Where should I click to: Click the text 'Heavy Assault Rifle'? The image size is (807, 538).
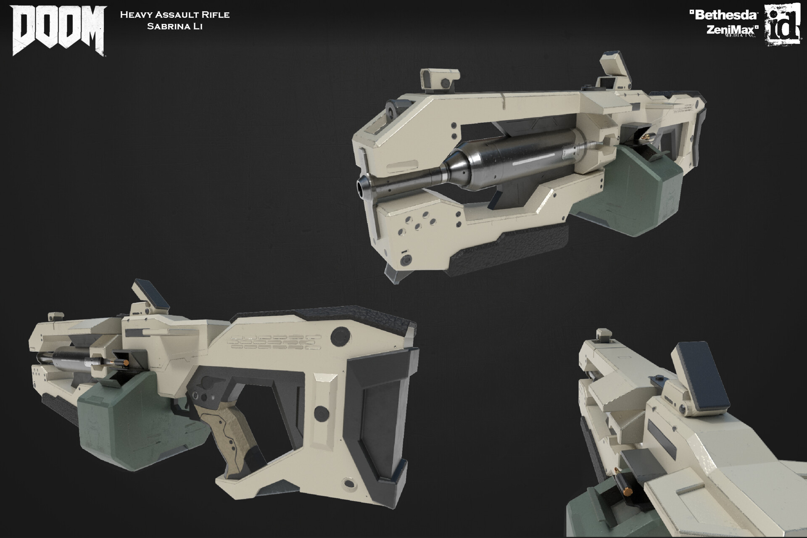pyautogui.click(x=174, y=15)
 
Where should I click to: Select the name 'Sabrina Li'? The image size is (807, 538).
pyautogui.click(x=174, y=26)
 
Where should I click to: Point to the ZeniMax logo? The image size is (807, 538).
pyautogui.click(x=732, y=30)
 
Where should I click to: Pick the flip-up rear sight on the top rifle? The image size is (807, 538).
pyautogui.click(x=614, y=67)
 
